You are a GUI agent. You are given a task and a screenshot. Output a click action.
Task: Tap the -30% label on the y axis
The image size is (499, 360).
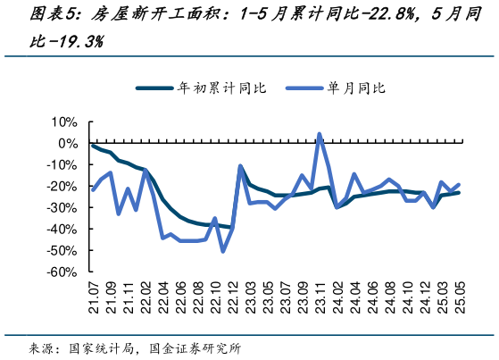pyautogui.click(x=64, y=207)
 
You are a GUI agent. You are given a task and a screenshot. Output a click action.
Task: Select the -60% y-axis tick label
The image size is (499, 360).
pyautogui.click(x=64, y=272)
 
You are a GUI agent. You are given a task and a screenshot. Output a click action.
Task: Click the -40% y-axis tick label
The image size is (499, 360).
pyautogui.click(x=64, y=229)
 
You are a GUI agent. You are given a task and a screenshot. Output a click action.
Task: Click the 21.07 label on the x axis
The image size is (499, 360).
pyautogui.click(x=93, y=295)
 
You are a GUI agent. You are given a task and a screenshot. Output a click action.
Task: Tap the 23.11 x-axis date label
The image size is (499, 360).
pyautogui.click(x=319, y=295)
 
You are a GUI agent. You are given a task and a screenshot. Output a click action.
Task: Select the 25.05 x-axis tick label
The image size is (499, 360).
pyautogui.click(x=459, y=295)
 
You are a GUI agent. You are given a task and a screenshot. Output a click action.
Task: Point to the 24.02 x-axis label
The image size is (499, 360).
pyautogui.click(x=339, y=295)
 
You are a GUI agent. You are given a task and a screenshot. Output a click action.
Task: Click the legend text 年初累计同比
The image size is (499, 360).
pyautogui.click(x=214, y=88)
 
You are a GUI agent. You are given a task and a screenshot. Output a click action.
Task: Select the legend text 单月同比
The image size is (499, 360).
pyautogui.click(x=356, y=88)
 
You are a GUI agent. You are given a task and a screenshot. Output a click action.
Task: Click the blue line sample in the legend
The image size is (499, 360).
pyautogui.click(x=304, y=88)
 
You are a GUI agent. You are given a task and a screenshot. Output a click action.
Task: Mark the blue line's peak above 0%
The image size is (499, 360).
pyautogui.click(x=320, y=135)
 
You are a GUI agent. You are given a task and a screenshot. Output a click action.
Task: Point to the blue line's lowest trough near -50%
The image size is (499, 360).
pyautogui.click(x=223, y=251)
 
